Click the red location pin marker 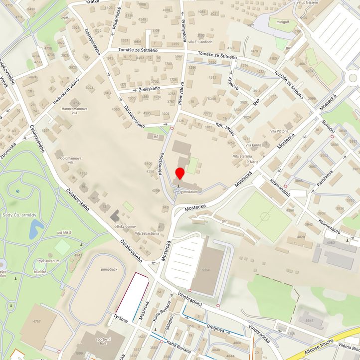(x=180, y=174)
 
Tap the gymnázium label (x=189, y=191)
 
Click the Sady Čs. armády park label (x=19, y=215)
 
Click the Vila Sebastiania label (x=144, y=233)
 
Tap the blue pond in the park (x=35, y=229)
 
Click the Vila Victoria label (x=279, y=131)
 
